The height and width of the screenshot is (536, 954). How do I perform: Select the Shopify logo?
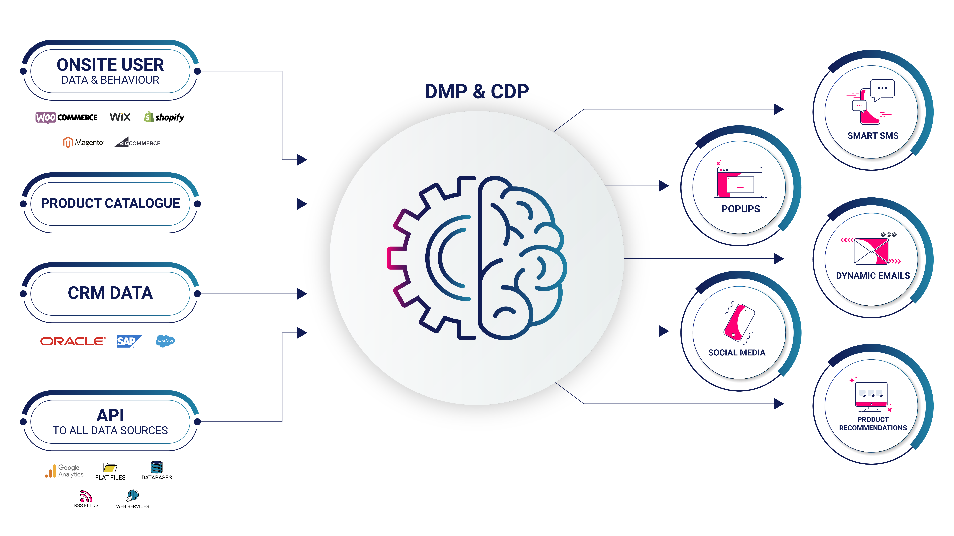click(164, 117)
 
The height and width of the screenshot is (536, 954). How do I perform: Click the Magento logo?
click(83, 142)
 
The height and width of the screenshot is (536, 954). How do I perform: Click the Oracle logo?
click(73, 341)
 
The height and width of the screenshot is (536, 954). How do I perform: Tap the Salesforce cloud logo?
click(165, 341)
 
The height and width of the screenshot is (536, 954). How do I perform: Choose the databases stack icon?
click(157, 467)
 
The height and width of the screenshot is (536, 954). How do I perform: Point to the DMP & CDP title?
click(477, 91)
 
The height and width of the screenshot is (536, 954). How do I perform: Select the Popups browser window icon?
click(740, 182)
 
